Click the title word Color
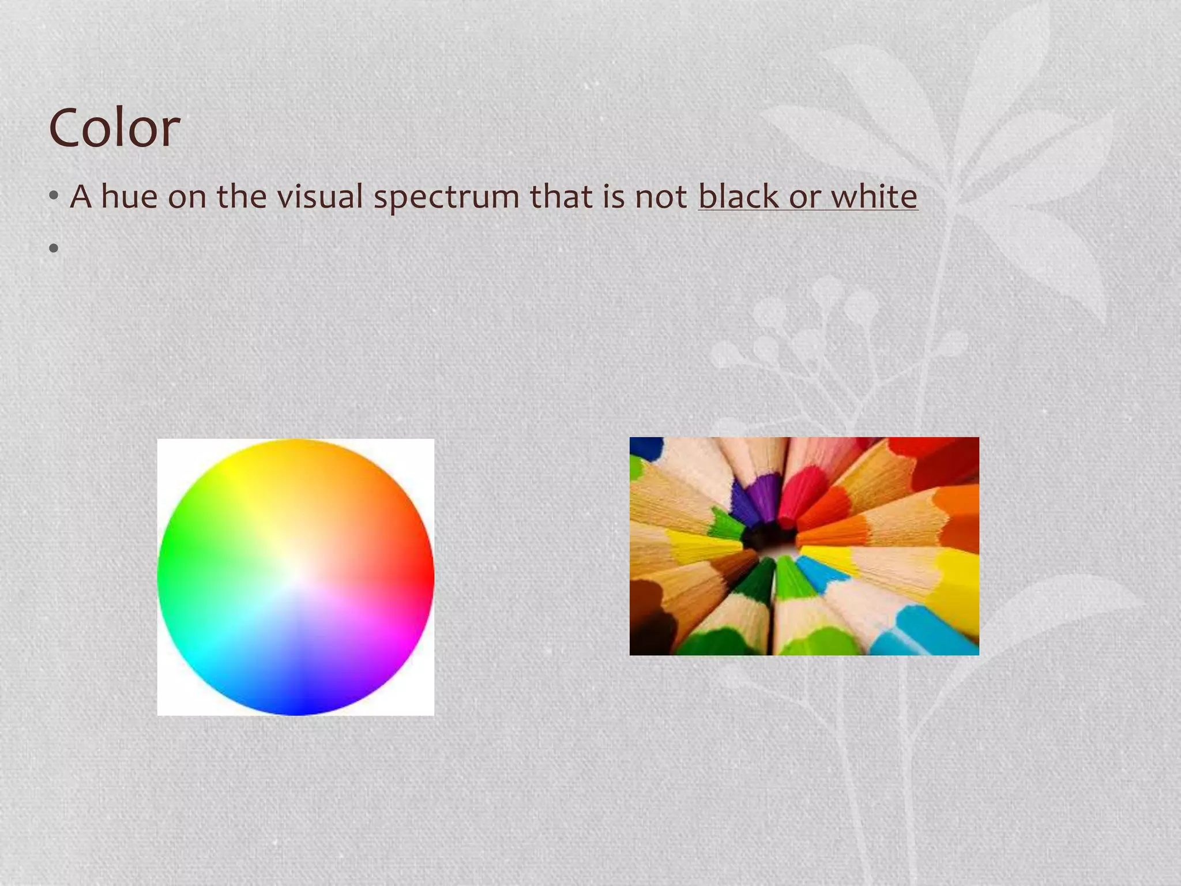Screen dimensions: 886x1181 pos(114,128)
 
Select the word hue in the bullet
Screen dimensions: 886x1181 pos(130,197)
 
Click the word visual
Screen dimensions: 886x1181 pos(320,197)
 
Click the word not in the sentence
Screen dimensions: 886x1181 pos(661,197)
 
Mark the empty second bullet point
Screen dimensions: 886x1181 pos(54,249)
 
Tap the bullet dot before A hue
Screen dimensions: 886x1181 pos(54,197)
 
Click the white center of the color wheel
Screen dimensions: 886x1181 pos(296,577)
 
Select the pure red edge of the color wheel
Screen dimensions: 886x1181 pos(429,577)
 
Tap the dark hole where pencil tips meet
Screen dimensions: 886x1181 pos(770,539)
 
